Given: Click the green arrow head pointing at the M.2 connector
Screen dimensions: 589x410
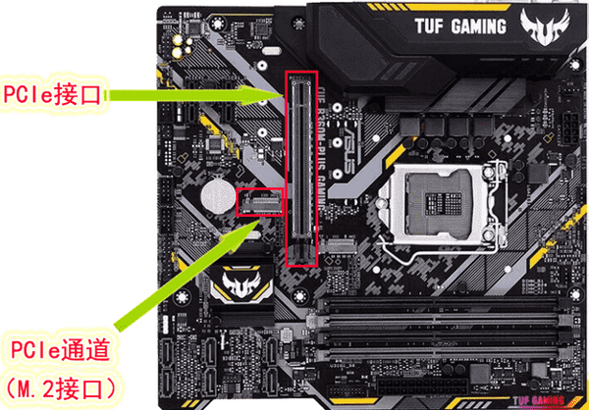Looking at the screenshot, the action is click(249, 225).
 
